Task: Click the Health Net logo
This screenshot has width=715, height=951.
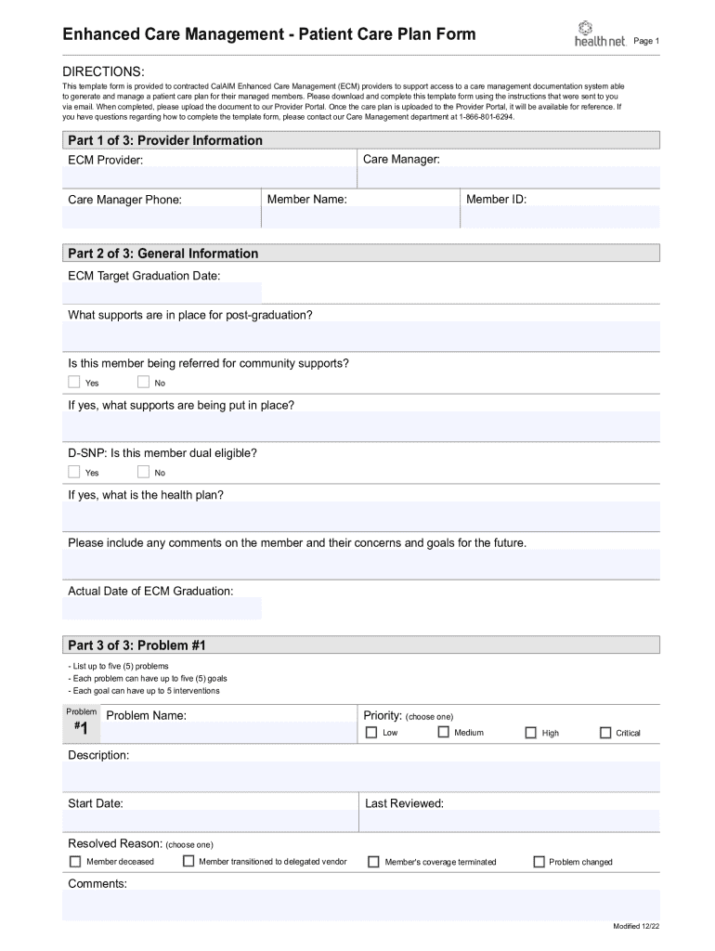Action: (599, 35)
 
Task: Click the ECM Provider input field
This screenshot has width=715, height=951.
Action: (209, 177)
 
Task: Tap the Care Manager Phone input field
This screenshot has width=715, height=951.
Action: (158, 217)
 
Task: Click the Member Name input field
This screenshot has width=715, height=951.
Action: (358, 217)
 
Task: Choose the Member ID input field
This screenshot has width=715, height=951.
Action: (560, 217)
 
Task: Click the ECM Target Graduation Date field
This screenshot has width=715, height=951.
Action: (162, 293)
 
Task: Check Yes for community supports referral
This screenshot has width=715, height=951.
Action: (74, 382)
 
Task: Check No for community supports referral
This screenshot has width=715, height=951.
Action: (143, 382)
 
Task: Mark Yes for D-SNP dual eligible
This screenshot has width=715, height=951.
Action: (74, 472)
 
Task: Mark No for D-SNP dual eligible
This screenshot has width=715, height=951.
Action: (143, 472)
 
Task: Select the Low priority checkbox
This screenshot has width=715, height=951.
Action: (371, 733)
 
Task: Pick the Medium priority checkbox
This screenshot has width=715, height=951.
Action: (443, 732)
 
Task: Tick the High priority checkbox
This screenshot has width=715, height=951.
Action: (531, 733)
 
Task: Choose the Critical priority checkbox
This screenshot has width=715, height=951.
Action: (605, 733)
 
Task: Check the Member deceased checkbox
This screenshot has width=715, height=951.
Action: (75, 862)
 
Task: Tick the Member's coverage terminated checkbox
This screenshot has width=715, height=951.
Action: (373, 862)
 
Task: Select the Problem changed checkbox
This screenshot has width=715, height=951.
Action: (539, 862)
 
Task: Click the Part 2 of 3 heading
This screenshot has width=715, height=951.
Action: (163, 254)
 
